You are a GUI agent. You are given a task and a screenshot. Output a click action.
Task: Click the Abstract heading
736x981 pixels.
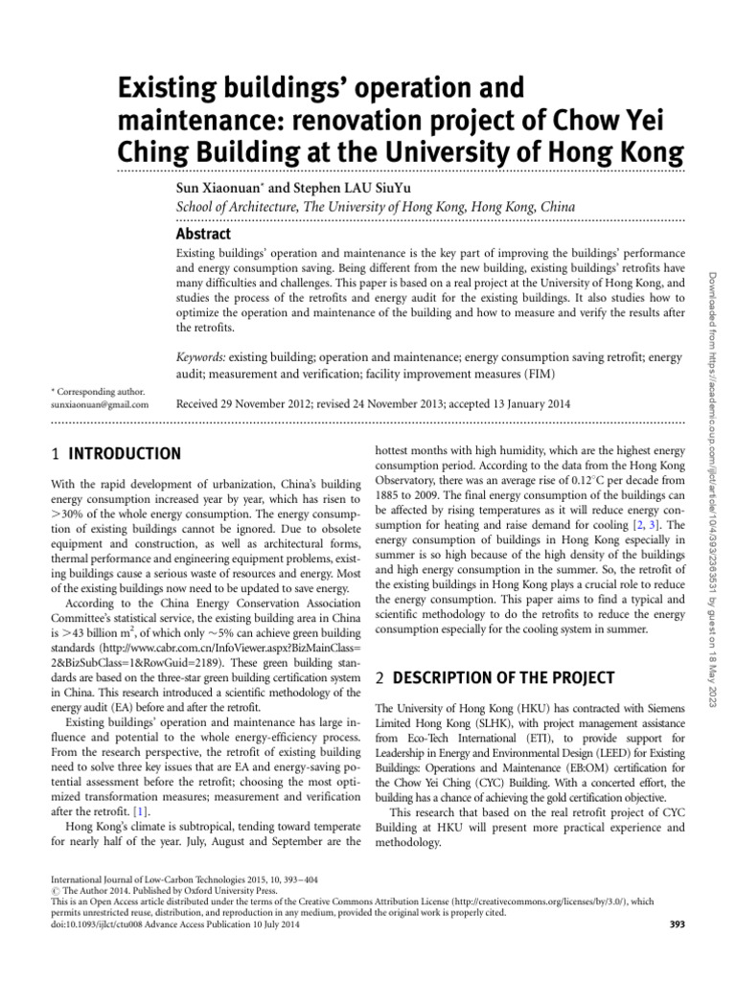tap(203, 234)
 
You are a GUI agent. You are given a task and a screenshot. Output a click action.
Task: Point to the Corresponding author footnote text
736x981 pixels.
tap(98, 391)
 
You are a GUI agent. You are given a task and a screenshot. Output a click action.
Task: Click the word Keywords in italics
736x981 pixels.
tap(201, 357)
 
